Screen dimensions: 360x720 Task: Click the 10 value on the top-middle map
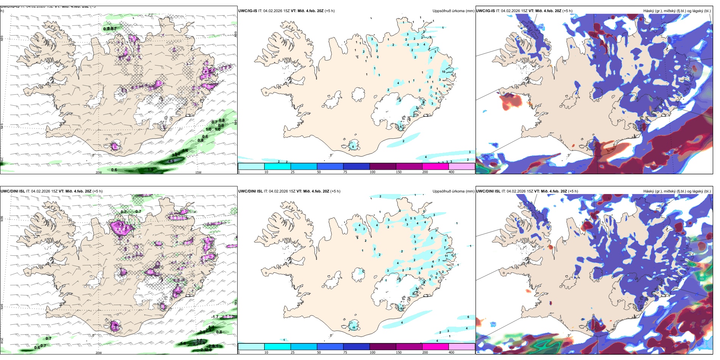click(x=443, y=72)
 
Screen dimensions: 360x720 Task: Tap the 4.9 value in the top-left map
click(x=171, y=161)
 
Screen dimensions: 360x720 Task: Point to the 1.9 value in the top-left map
click(x=150, y=169)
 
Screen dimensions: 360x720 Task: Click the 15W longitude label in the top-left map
click(x=198, y=172)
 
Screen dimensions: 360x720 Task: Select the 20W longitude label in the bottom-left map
click(x=99, y=353)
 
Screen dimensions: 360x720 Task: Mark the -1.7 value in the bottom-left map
click(x=215, y=317)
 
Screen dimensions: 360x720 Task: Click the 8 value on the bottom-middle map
click(x=432, y=238)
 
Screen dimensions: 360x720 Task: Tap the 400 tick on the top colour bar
click(x=451, y=172)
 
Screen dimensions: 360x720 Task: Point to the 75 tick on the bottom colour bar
click(x=345, y=352)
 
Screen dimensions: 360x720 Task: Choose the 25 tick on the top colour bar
click(x=293, y=172)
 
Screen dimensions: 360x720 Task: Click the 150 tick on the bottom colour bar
click(x=399, y=352)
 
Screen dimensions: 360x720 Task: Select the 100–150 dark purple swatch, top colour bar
click(x=383, y=166)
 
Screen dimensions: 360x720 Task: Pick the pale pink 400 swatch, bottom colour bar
click(x=462, y=347)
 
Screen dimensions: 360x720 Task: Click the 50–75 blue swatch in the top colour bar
click(x=330, y=166)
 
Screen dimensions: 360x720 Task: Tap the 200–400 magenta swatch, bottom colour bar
click(x=435, y=347)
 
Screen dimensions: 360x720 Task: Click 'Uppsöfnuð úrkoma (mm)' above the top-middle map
click(x=453, y=11)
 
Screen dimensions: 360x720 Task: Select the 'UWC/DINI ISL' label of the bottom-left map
click(x=13, y=191)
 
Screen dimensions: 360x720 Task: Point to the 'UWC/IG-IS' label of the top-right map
click(x=485, y=11)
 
